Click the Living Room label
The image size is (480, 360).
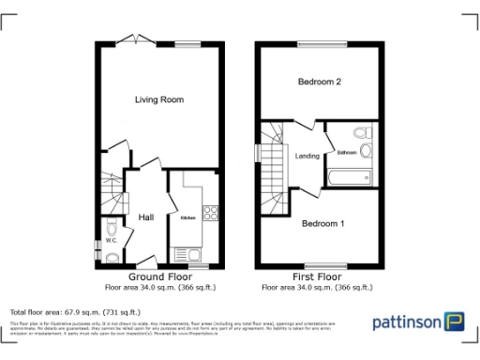coord(158,99)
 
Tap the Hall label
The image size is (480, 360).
coord(146,217)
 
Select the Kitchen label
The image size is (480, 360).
coord(187,217)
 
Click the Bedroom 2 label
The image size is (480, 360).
coord(319,82)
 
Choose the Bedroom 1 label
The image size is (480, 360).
coord(323,223)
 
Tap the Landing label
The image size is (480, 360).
coord(308,156)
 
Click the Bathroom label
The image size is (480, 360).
coord(347,152)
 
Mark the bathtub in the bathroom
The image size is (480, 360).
coord(349,175)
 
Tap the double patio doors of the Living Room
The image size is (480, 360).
coord(137,40)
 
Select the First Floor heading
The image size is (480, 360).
coord(318,277)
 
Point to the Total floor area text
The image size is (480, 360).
coord(74,311)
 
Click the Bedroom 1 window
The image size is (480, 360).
coord(322,266)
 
